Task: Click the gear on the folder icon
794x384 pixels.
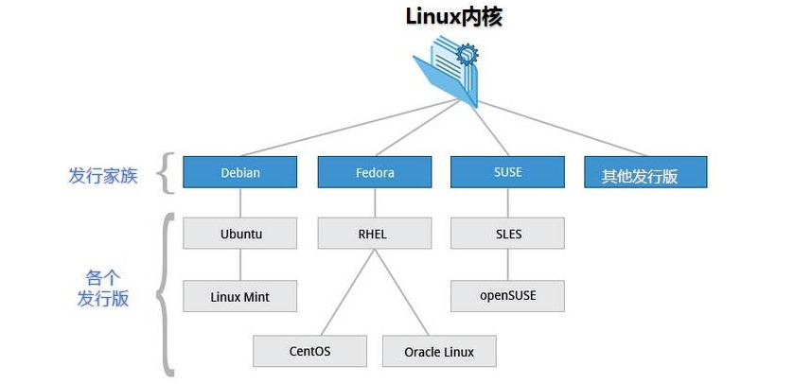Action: pyautogui.click(x=467, y=55)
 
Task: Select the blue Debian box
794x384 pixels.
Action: pyautogui.click(x=240, y=172)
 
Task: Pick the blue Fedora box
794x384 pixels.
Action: pyautogui.click(x=375, y=172)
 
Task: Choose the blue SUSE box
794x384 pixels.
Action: pyautogui.click(x=507, y=172)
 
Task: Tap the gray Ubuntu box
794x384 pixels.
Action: pyautogui.click(x=240, y=234)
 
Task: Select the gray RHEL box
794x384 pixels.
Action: pyautogui.click(x=375, y=234)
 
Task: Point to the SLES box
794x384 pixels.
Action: pyautogui.click(x=507, y=234)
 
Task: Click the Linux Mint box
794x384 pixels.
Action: pyautogui.click(x=240, y=296)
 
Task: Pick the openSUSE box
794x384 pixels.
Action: pyautogui.click(x=507, y=295)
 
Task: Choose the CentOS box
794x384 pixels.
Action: pyautogui.click(x=309, y=351)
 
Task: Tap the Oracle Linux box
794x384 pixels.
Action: pyautogui.click(x=439, y=351)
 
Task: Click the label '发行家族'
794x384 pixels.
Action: pyautogui.click(x=103, y=175)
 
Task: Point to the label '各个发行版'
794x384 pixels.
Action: pyautogui.click(x=103, y=288)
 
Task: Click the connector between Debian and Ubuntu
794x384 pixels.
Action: pyautogui.click(x=240, y=202)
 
